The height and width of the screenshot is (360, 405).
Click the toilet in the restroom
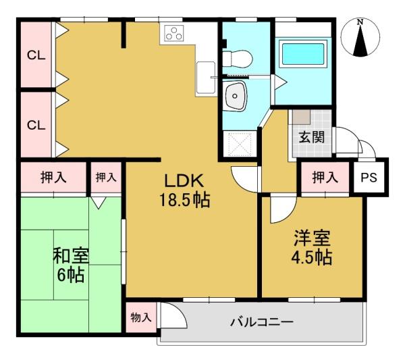[x=237, y=59]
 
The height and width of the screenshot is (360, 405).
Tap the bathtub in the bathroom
[x=303, y=54]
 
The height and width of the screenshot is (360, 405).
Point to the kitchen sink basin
[x=206, y=78]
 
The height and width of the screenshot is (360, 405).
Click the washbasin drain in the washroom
[x=234, y=96]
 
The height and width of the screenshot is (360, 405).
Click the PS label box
[x=369, y=177]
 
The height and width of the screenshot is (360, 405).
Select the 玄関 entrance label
[x=311, y=137]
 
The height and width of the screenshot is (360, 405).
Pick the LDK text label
[x=184, y=180]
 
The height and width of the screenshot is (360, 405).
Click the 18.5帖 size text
[x=185, y=200]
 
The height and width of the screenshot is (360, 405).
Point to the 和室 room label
[x=71, y=255]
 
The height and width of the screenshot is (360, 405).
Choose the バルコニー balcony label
[x=262, y=322]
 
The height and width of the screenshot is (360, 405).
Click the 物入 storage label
[x=141, y=317]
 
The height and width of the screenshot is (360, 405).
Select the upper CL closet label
[x=36, y=55]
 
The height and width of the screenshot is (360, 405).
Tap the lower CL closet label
[x=36, y=126]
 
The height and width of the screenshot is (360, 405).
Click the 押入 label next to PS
[x=325, y=177]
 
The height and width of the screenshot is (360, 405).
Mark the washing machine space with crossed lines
[x=240, y=145]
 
